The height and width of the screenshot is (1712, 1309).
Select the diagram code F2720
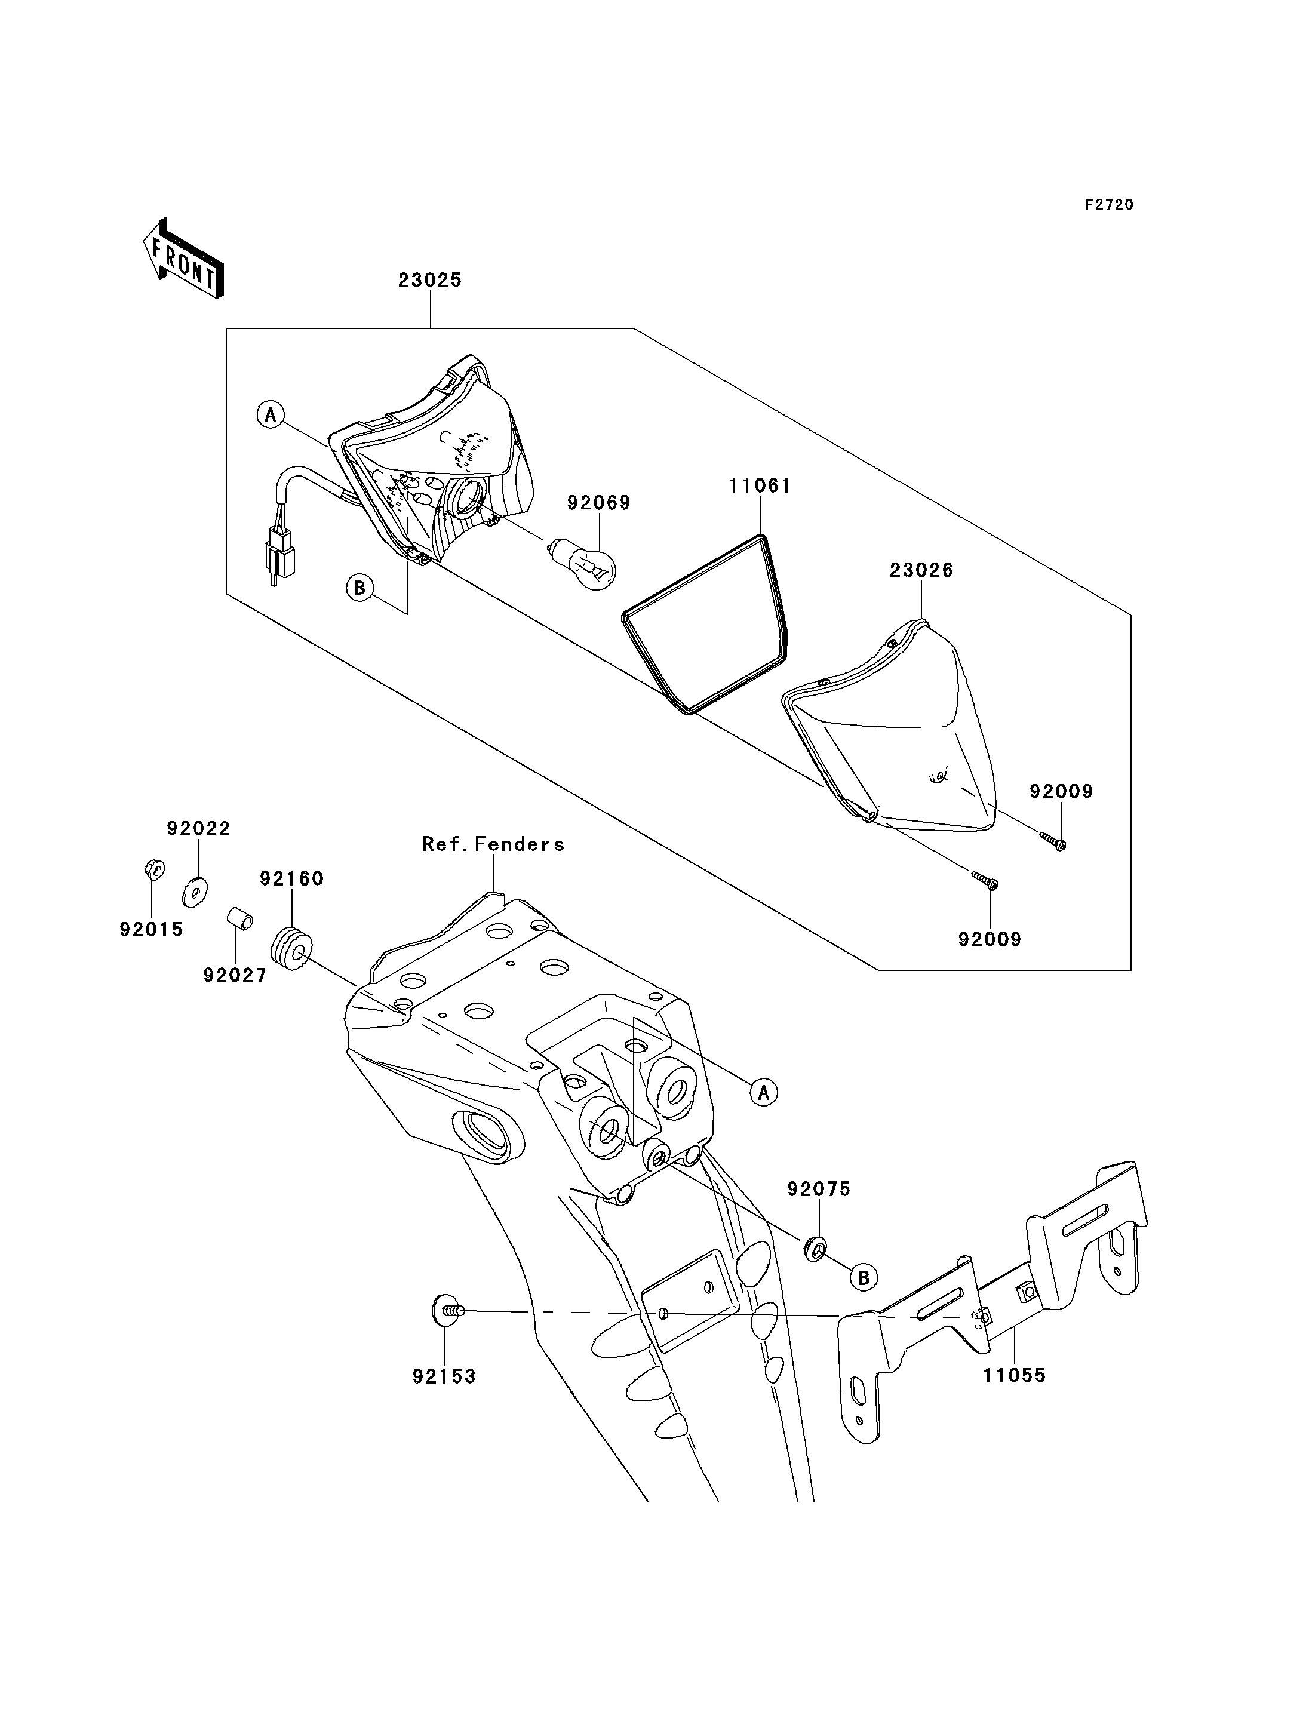coord(1109,205)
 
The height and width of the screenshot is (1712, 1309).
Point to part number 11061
coord(760,486)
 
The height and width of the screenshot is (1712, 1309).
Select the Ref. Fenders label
coord(493,844)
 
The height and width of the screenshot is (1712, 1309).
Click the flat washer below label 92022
coord(193,893)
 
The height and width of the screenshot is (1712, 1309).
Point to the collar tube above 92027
coord(240,920)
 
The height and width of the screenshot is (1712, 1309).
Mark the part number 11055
coord(1015,1398)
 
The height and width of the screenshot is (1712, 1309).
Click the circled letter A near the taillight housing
coord(271,414)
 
